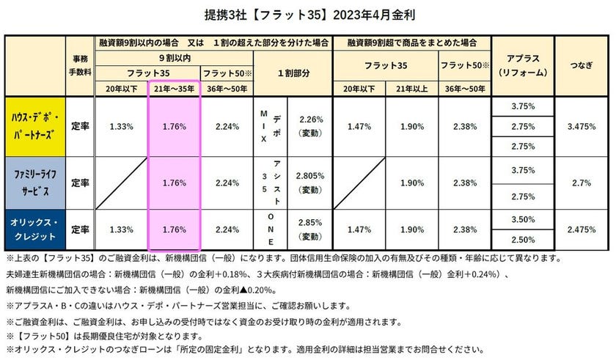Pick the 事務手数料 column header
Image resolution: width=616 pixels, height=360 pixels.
pos(81,65)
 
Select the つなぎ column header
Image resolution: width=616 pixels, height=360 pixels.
pos(581,65)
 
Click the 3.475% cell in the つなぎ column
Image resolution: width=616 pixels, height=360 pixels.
pos(581,125)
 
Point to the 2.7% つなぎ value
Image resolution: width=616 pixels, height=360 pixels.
pos(581,183)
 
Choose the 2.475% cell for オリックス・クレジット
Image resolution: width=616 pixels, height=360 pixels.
pos(581,229)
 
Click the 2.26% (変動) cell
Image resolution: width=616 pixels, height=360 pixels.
pos(311,125)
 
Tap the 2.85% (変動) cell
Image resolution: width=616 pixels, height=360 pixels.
pos(311,229)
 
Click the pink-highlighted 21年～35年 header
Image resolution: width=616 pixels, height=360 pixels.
pos(175,88)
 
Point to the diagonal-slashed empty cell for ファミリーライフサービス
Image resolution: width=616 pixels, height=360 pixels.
pos(122,183)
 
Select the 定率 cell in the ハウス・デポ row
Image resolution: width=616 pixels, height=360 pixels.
pos(81,125)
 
